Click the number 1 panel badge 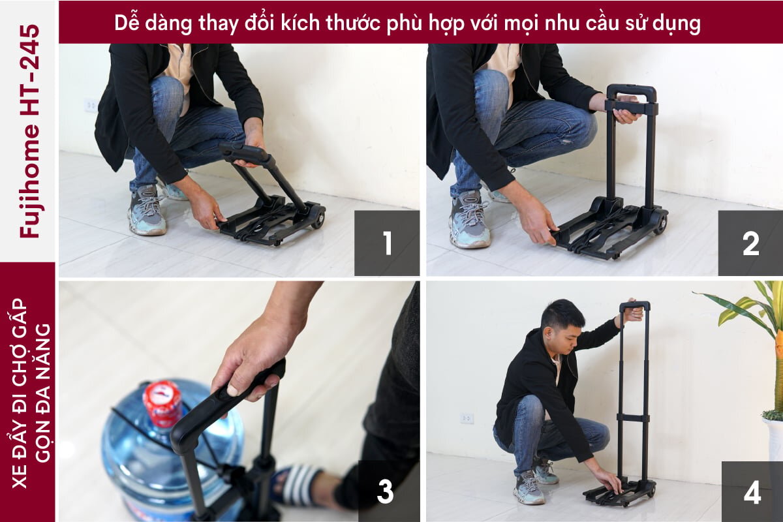[387, 243]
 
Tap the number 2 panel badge [750, 243]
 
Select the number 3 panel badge [385, 491]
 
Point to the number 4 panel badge [752, 491]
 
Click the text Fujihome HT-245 [29, 130]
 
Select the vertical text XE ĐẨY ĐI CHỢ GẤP [20, 391]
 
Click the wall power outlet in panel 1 [91, 105]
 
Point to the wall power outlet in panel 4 [467, 418]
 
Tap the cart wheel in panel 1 [318, 220]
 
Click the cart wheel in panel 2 [660, 225]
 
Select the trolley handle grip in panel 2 [631, 91]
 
